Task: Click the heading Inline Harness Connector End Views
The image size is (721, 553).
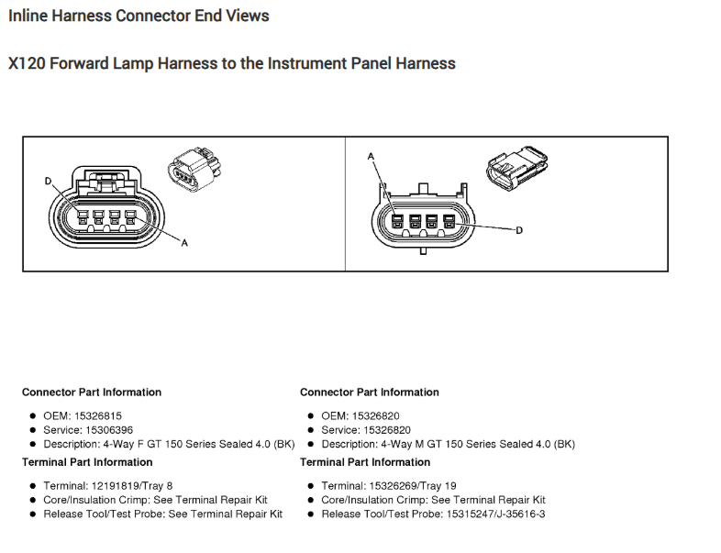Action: [139, 16]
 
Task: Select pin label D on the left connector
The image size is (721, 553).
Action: [49, 181]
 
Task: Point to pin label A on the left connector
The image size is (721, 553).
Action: [184, 243]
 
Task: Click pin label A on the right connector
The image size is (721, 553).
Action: [372, 157]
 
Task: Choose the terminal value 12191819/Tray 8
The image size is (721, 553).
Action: [133, 485]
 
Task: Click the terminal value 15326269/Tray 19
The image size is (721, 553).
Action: [413, 485]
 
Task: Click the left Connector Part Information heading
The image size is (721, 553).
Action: [92, 393]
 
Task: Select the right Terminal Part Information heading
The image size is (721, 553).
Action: [364, 462]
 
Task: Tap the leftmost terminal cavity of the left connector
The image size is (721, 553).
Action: [82, 218]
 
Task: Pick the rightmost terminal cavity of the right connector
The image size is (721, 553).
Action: [449, 222]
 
